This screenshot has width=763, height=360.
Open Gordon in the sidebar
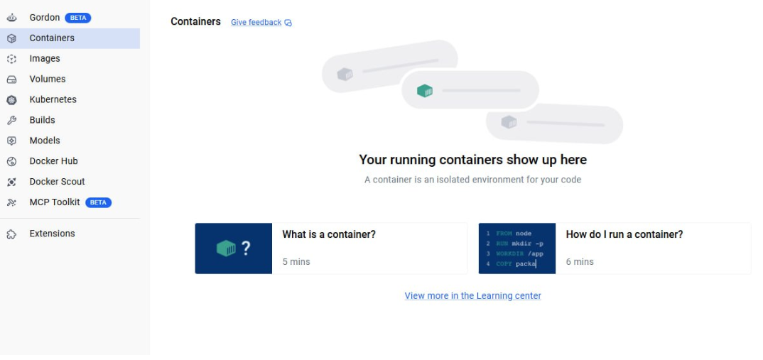click(x=44, y=18)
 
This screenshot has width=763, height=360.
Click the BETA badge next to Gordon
click(x=78, y=18)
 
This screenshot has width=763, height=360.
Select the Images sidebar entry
click(x=45, y=58)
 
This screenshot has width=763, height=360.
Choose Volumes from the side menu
click(x=47, y=79)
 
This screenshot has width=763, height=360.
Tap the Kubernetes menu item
click(x=53, y=99)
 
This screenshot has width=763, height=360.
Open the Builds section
click(x=43, y=120)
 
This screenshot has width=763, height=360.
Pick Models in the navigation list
click(x=45, y=141)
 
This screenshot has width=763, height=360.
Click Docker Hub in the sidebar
click(x=53, y=161)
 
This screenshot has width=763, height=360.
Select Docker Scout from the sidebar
click(x=57, y=182)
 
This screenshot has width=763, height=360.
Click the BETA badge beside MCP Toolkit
click(x=98, y=202)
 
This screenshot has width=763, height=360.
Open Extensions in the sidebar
click(x=52, y=234)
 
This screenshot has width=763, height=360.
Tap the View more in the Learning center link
click(x=472, y=296)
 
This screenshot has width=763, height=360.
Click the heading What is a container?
click(x=329, y=234)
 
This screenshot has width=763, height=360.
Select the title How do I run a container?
click(x=624, y=234)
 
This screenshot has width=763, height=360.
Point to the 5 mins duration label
click(x=296, y=262)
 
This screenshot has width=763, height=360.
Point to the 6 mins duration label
click(x=580, y=262)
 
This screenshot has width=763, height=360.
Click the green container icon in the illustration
click(x=425, y=90)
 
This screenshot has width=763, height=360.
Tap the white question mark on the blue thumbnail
click(x=246, y=249)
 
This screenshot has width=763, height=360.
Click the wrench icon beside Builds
click(x=11, y=120)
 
